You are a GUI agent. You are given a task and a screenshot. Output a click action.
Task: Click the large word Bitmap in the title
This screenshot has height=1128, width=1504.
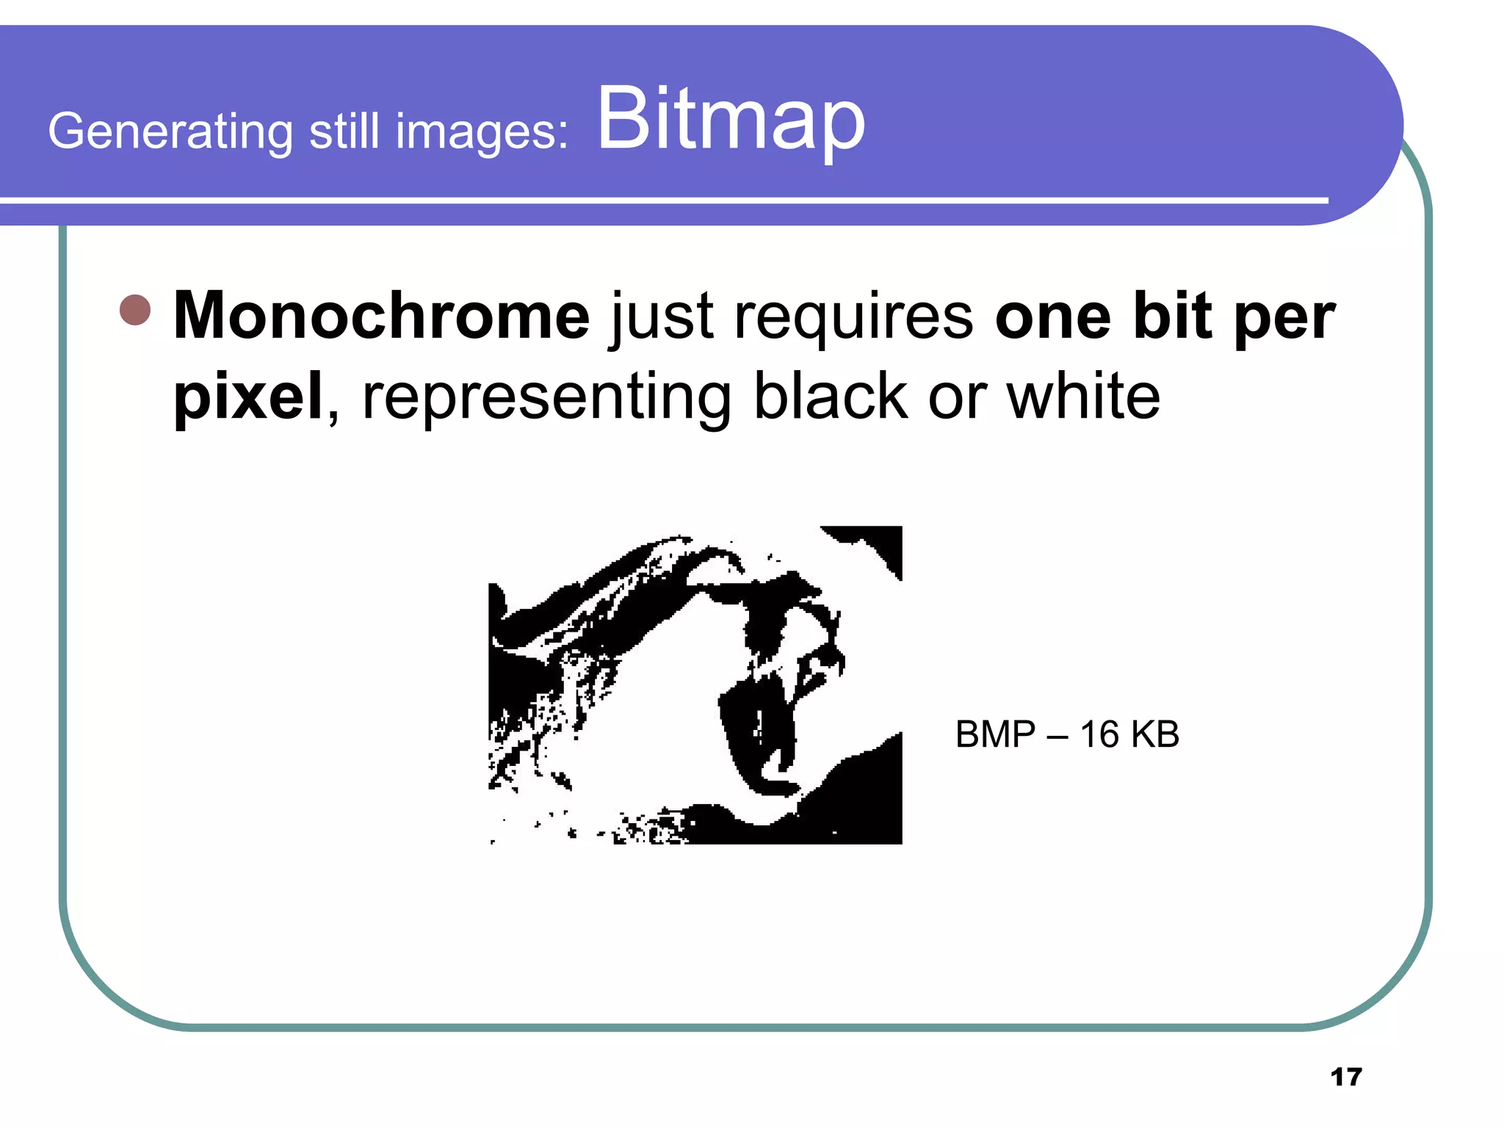[x=731, y=120]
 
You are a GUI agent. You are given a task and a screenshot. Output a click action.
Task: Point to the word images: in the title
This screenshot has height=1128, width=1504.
[x=482, y=132]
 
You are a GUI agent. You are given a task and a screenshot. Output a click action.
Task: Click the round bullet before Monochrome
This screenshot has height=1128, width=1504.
[x=135, y=310]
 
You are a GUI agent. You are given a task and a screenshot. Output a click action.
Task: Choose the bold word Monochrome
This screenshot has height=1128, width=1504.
[x=381, y=316]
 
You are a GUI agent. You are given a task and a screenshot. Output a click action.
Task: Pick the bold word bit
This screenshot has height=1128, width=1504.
[x=1172, y=316]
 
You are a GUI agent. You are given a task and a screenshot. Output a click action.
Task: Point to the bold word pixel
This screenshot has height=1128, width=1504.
[x=247, y=397]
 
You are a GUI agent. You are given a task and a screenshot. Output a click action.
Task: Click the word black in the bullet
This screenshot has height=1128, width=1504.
[x=831, y=397]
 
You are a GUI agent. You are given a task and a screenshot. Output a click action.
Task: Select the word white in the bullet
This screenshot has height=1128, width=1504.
[x=1083, y=397]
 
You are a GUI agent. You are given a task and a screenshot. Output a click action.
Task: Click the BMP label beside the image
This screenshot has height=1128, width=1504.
[x=995, y=734]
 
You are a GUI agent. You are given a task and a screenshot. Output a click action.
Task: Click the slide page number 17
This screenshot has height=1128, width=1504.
[x=1345, y=1077]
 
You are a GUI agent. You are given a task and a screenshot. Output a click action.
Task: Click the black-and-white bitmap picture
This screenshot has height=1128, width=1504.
[x=695, y=685]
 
